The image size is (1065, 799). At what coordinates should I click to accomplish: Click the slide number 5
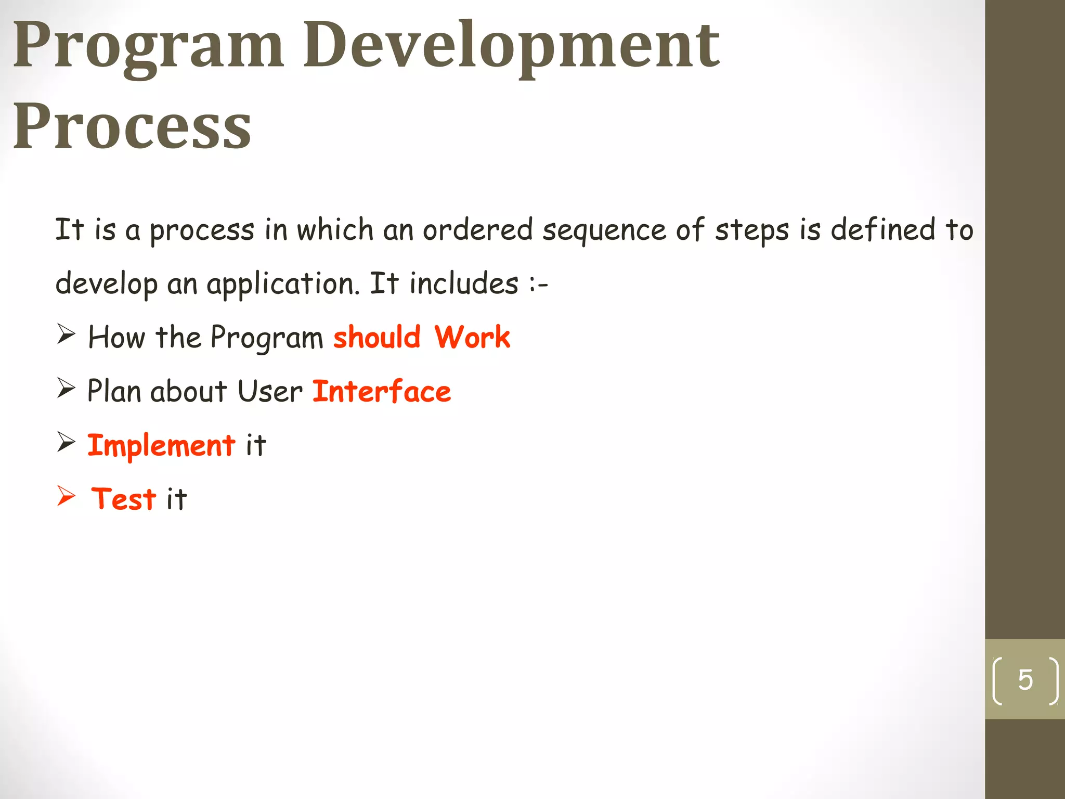(x=1025, y=680)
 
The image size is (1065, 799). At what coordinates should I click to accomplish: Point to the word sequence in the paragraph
(x=604, y=230)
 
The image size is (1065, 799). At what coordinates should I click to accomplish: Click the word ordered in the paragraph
(x=477, y=229)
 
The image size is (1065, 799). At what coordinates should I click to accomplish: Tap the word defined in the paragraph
(x=882, y=229)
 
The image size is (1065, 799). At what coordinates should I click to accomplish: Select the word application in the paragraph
(x=283, y=285)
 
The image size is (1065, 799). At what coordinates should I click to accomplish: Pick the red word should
(x=377, y=337)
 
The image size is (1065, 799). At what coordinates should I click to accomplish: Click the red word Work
(x=472, y=337)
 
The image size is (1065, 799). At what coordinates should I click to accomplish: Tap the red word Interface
(x=382, y=391)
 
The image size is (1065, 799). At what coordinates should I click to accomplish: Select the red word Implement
(x=161, y=446)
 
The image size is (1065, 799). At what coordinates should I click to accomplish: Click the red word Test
(x=124, y=499)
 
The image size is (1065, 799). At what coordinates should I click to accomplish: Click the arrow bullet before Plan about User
(x=66, y=388)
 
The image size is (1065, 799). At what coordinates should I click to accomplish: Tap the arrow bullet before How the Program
(x=66, y=334)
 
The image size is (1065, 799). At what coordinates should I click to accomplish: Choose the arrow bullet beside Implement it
(x=66, y=442)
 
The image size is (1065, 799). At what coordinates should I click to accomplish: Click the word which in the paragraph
(x=335, y=229)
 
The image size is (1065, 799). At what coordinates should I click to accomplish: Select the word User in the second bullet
(x=270, y=391)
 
